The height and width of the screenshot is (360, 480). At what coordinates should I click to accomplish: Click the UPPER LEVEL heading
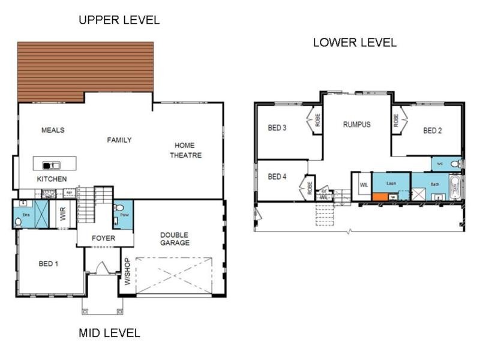[119, 20]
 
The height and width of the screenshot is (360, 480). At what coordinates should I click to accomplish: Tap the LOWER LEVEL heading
[355, 43]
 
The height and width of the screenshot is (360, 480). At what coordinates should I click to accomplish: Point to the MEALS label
[53, 130]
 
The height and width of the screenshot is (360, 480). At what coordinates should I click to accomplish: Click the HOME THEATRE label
[185, 151]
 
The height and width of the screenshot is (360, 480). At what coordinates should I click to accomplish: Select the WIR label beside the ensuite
[62, 215]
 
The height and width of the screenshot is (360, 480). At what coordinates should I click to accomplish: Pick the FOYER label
[103, 238]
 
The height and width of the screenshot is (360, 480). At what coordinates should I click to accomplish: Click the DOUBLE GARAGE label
[175, 239]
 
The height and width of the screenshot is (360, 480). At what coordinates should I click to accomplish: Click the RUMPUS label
[356, 125]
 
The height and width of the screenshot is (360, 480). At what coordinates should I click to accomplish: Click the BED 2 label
[433, 130]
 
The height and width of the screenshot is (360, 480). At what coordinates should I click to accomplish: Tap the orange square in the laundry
[379, 196]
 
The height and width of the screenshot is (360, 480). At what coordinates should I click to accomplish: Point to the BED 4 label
[277, 177]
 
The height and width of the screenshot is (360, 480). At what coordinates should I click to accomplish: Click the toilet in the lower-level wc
[455, 163]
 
